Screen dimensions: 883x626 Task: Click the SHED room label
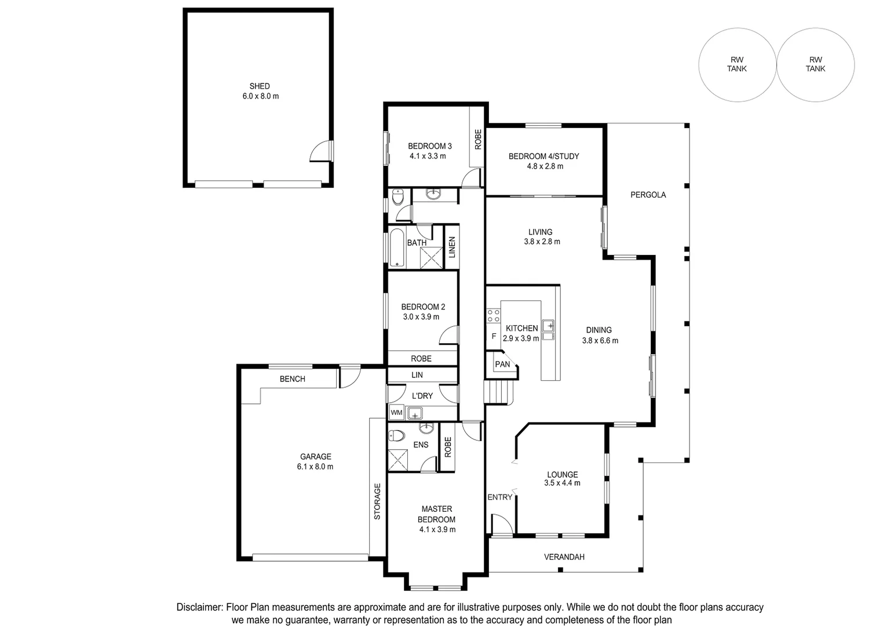260,86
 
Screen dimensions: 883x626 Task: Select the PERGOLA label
648,195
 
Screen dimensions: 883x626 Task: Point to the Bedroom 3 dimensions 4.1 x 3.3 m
428,156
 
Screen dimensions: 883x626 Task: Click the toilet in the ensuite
396,436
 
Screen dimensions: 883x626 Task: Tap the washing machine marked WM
396,413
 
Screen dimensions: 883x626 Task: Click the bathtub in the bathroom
397,248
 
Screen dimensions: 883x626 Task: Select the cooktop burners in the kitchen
493,315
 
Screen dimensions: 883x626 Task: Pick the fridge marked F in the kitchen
494,336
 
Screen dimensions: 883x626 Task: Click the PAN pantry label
502,364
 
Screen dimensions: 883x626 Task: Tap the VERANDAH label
564,557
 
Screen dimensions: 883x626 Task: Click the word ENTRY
500,497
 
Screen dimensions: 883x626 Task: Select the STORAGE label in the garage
377,501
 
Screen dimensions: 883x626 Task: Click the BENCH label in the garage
293,378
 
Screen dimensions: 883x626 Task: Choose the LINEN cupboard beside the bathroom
452,248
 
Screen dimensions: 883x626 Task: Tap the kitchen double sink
548,330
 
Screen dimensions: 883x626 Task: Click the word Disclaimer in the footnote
199,607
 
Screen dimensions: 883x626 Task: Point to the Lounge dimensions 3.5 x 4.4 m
562,483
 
